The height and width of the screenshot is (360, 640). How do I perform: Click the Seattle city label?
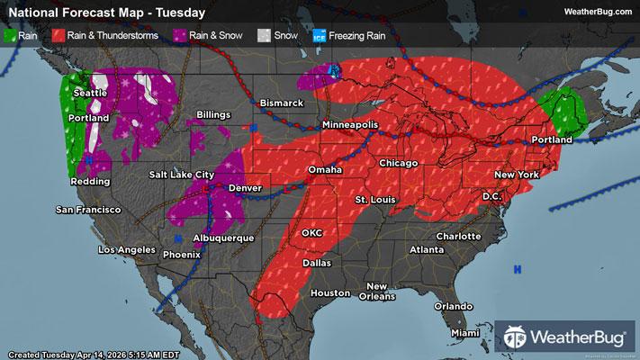click(x=90, y=93)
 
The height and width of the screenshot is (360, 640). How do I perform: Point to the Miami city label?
click(x=465, y=333)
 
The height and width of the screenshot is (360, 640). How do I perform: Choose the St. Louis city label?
click(x=373, y=198)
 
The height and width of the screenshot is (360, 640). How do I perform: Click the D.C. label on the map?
click(x=491, y=195)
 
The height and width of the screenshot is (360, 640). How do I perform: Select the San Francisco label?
click(x=88, y=210)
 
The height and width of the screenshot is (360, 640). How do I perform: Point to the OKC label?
click(x=311, y=232)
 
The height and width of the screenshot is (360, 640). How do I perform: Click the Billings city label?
click(x=213, y=115)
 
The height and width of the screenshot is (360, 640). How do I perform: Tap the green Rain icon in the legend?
click(x=11, y=36)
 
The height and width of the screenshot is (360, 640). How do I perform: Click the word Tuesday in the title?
click(x=179, y=13)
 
